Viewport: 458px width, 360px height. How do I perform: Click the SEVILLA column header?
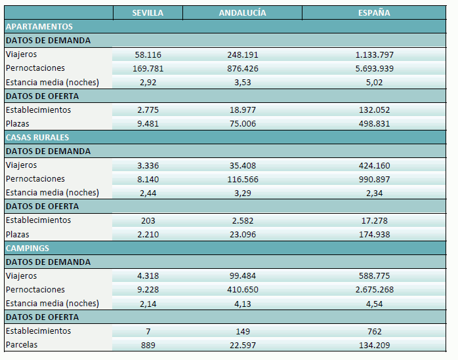(148, 13)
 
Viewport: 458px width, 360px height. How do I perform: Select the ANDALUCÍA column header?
(241, 13)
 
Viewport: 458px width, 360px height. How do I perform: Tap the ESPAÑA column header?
(375, 13)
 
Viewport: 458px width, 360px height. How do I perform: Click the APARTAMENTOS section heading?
(39, 27)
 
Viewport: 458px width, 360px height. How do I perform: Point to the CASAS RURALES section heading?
(37, 138)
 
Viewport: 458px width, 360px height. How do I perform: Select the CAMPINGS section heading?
(28, 249)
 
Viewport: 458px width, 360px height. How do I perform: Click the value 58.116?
(148, 55)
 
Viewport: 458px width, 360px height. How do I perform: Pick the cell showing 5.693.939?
(375, 69)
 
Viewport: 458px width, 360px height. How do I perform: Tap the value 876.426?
(241, 69)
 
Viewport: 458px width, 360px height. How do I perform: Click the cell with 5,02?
(375, 83)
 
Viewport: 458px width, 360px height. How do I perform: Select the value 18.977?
(241, 110)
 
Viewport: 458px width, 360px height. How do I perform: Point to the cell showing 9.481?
(148, 124)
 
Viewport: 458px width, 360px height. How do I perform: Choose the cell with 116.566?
(241, 179)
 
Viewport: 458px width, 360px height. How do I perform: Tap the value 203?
(148, 220)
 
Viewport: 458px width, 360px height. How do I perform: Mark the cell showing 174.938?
(375, 235)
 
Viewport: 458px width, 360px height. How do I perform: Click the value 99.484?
(241, 276)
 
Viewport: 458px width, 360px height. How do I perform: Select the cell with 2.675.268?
(375, 290)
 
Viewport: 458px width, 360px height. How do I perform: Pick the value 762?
(375, 331)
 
